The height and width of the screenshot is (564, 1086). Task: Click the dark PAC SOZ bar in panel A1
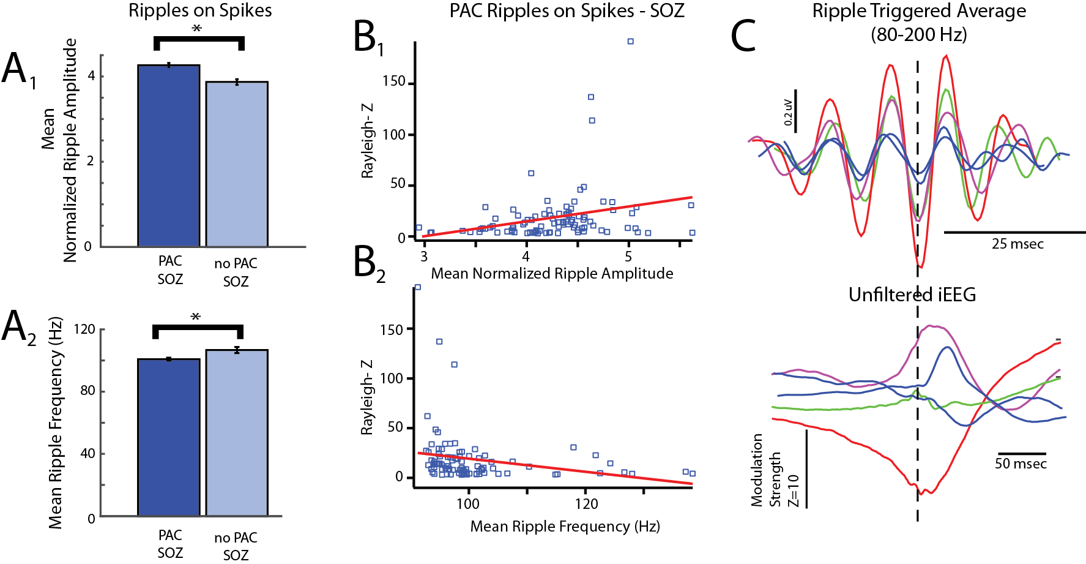169,156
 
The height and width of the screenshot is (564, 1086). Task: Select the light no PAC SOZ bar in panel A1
237,164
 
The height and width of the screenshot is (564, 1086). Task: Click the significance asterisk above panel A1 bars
197,29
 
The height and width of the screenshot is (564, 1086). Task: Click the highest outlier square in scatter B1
630,42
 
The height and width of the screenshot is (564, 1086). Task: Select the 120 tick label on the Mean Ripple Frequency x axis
586,504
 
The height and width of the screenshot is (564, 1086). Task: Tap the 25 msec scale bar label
1017,244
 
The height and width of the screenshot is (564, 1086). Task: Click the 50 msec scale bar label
1021,464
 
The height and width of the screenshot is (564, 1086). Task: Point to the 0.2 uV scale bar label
788,113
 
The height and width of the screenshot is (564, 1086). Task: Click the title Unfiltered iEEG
912,295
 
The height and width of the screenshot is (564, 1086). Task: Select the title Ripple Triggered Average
919,11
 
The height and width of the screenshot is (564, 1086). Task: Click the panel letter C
744,36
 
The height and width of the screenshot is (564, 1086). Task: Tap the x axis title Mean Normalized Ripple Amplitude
552,273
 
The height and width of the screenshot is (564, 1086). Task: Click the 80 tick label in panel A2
88,391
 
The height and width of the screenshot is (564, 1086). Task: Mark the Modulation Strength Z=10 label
775,470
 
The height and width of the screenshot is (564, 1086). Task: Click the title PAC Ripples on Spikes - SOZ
567,10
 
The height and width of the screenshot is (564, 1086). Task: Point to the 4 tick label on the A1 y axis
91,77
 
